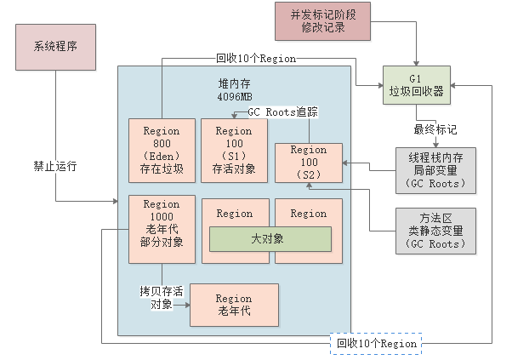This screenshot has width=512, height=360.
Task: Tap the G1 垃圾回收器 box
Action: point(417,85)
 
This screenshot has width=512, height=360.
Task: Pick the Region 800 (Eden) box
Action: point(162,150)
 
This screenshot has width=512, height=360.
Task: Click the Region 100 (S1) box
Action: point(234,150)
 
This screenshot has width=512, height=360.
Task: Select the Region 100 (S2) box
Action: point(308,163)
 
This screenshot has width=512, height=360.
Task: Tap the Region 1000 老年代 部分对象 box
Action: point(162,223)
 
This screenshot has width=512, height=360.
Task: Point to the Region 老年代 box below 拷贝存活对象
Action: point(234,305)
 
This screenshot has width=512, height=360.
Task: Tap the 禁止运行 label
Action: point(56,166)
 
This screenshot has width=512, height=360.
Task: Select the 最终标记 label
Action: point(435,130)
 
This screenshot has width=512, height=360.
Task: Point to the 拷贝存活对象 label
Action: point(162,298)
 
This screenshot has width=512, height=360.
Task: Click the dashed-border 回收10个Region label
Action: point(374,343)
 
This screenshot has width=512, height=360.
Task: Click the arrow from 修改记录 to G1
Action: point(416,43)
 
